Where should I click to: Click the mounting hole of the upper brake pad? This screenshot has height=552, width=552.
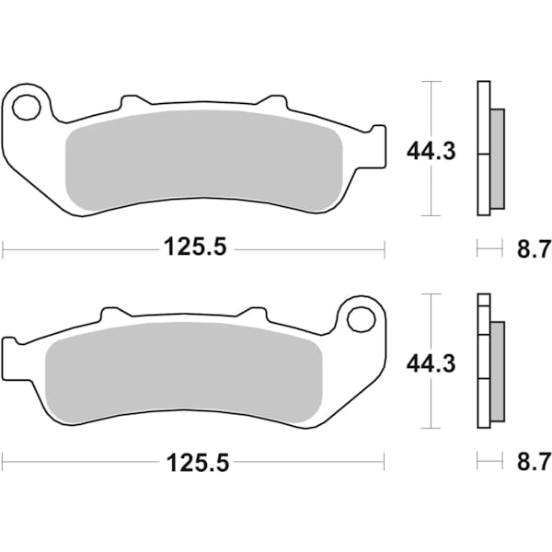(26, 108)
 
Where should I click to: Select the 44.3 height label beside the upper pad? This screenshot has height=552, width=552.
(430, 151)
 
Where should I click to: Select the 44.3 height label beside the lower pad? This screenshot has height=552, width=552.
(430, 363)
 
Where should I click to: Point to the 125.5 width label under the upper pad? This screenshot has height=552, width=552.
(195, 247)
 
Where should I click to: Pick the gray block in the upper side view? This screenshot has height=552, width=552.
(498, 157)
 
